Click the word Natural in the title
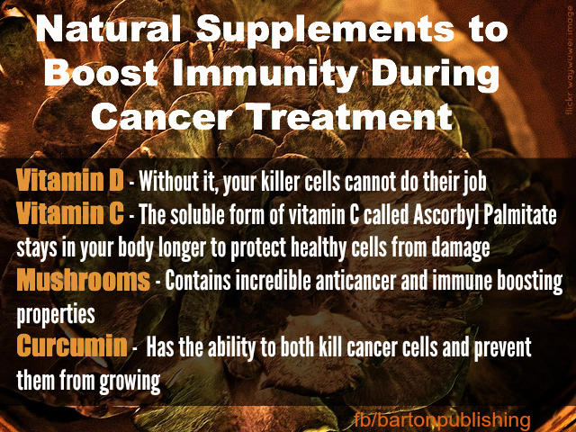108,29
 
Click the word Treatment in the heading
352,116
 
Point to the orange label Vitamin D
70,180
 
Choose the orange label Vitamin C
70,213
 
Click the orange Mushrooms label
83,280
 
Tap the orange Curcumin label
72,346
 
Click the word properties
56,316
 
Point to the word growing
130,382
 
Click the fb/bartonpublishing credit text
442,419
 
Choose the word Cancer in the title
162,116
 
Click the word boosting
529,282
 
